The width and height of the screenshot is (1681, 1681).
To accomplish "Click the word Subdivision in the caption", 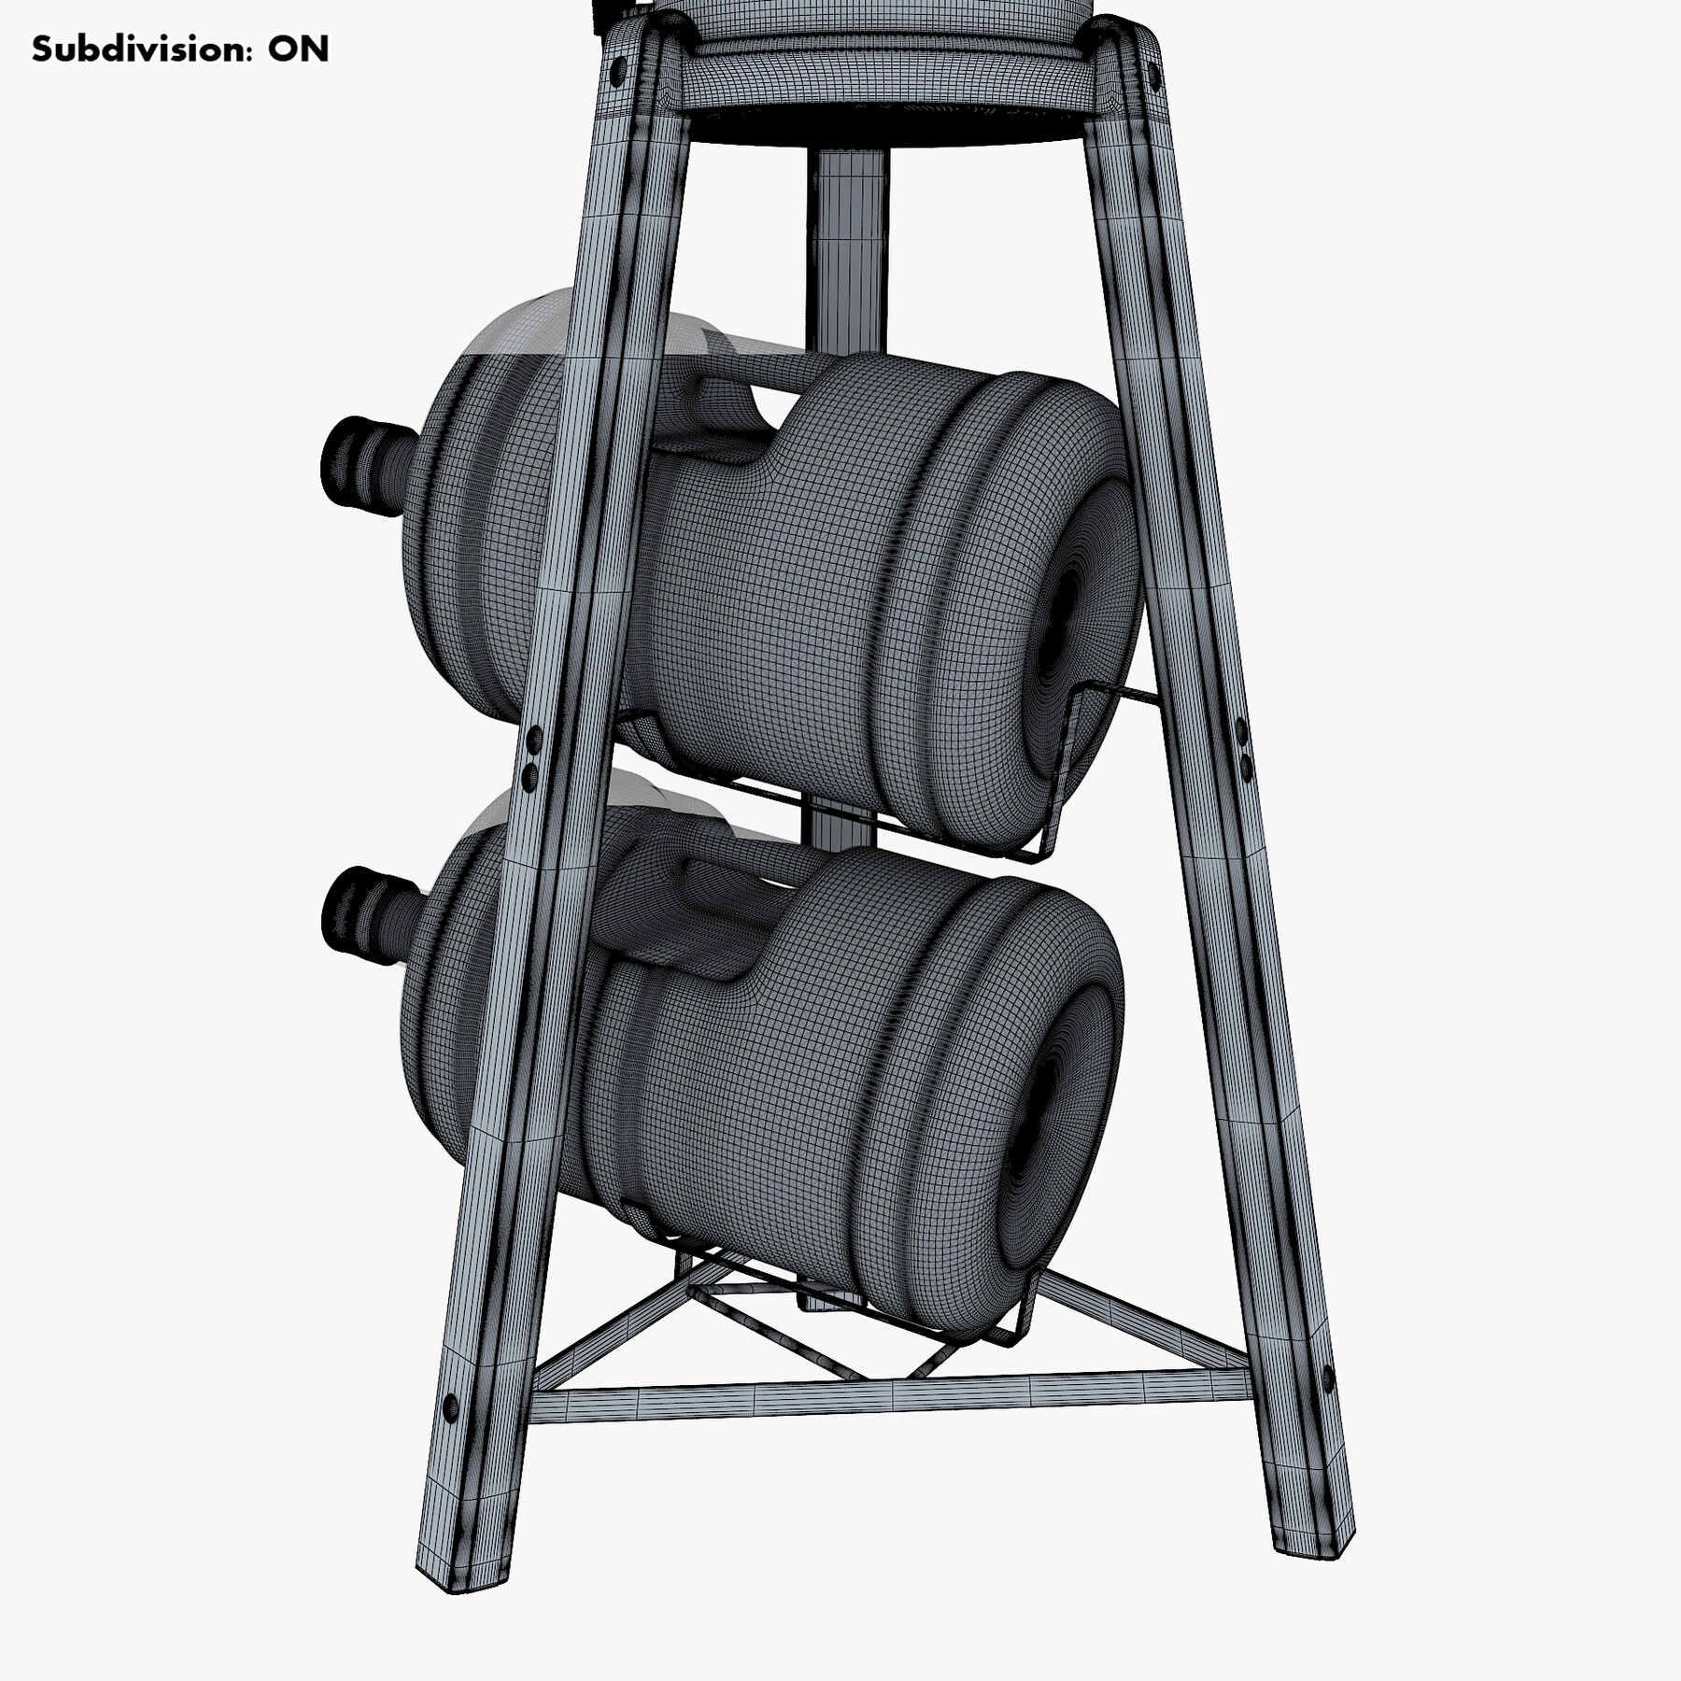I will point(140,49).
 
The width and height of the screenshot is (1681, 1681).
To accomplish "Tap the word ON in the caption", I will point(298,49).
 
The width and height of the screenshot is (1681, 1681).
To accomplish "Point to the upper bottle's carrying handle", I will point(719,411).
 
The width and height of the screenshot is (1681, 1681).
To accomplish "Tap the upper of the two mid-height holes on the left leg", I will point(533,741).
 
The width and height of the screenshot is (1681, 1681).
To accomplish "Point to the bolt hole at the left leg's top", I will point(617,69).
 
